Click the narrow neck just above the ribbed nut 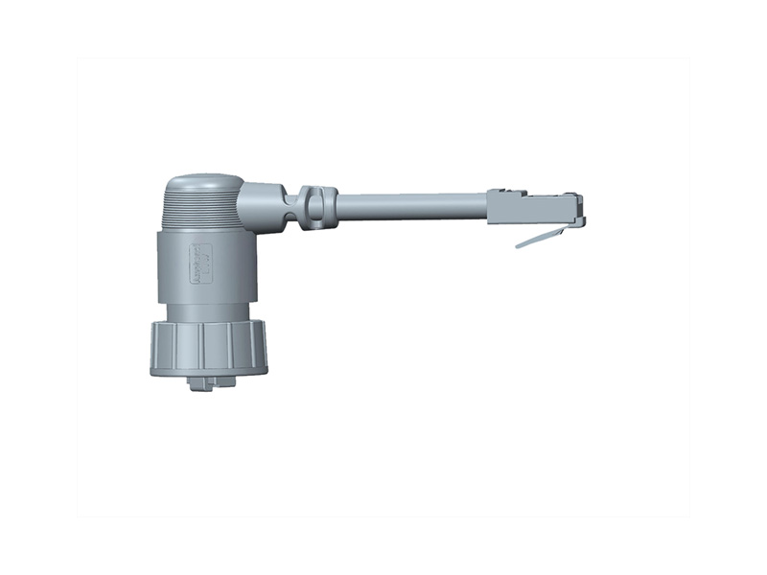tap(209, 311)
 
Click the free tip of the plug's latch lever tap(519, 246)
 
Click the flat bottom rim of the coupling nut tap(208, 369)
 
